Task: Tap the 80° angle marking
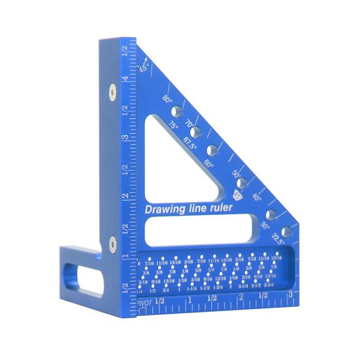[x=167, y=100]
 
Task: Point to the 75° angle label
[x=173, y=125]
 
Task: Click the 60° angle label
[x=209, y=164]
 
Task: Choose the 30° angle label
[x=265, y=224]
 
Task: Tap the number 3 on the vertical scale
[x=125, y=138]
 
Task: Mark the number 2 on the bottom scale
[x=240, y=297]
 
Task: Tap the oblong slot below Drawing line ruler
[x=199, y=229]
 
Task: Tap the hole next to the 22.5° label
[x=286, y=231]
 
